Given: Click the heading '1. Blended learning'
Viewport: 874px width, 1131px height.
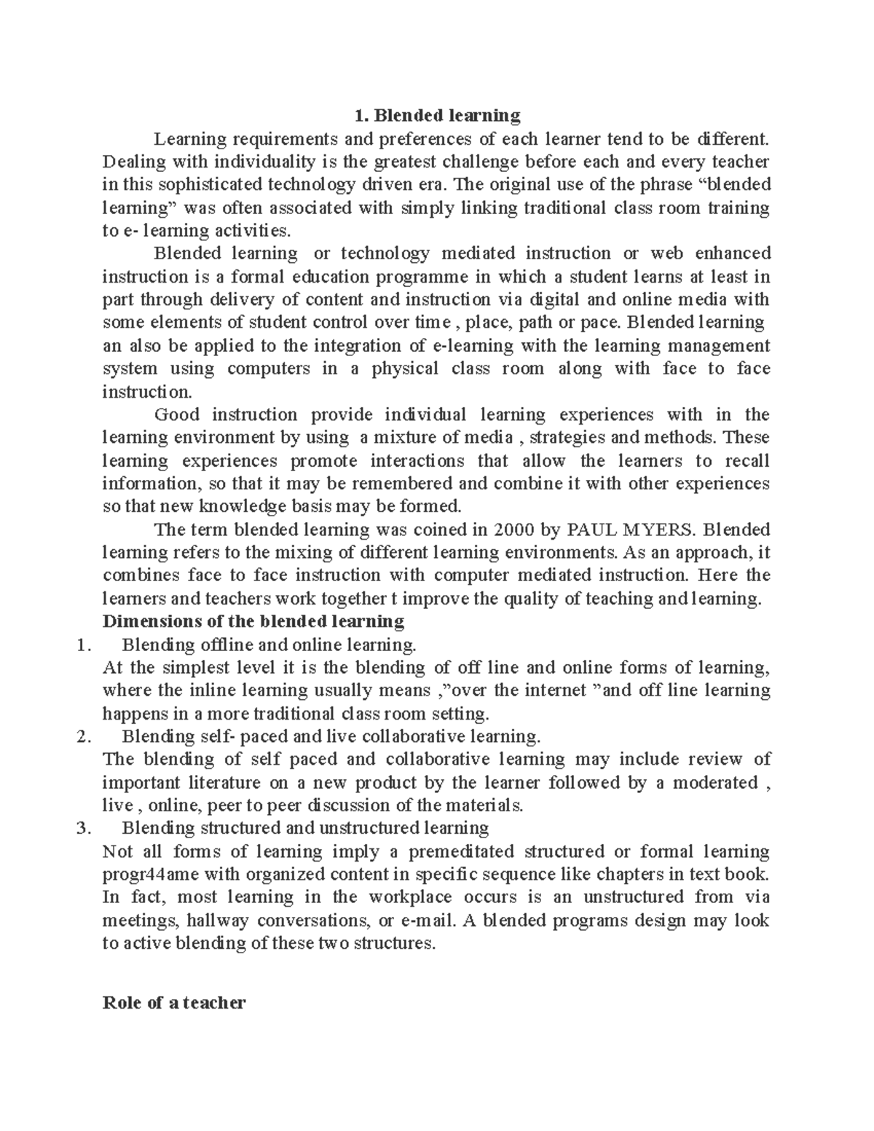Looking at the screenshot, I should pos(436,115).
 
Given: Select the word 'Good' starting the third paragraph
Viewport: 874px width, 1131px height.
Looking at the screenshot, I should pos(176,414).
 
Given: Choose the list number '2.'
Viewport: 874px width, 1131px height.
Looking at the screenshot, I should pos(83,736).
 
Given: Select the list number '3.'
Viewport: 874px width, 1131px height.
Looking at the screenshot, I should pos(83,828).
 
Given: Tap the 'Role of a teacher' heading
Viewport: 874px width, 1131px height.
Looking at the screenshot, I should pos(175,1003).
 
